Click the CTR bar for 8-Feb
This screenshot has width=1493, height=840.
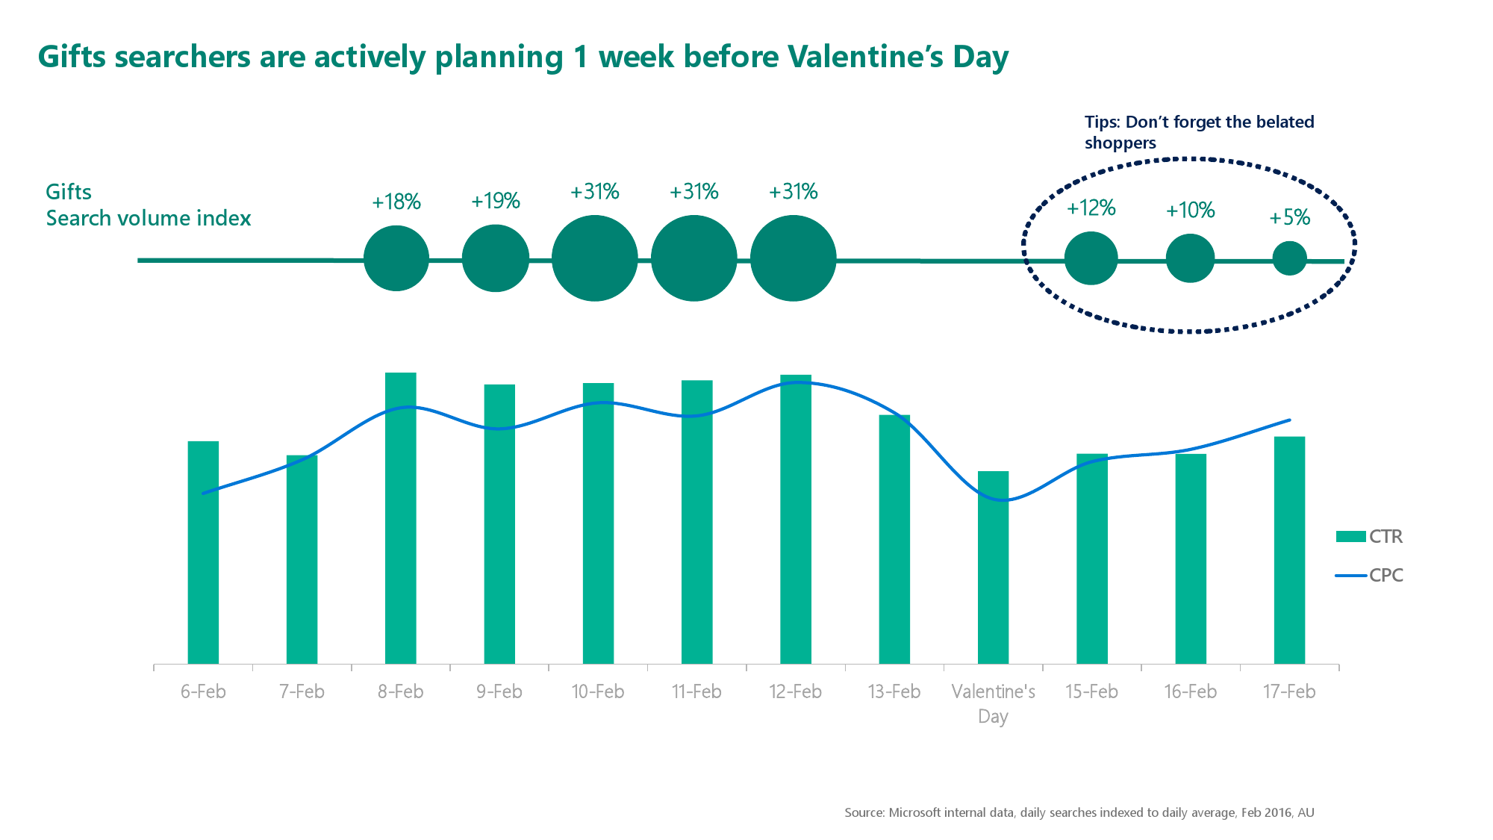[400, 518]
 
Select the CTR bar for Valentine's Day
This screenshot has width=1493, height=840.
[993, 567]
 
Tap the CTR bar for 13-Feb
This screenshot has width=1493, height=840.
[894, 539]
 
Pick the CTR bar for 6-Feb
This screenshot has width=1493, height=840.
[203, 553]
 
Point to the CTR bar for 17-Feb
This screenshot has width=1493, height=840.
[1289, 550]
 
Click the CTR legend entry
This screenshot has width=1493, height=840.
[1369, 536]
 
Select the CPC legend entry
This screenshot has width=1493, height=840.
[1369, 575]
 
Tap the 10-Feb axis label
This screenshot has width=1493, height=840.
[598, 691]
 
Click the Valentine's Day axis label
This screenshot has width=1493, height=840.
[993, 703]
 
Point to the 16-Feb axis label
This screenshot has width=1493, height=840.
[1190, 691]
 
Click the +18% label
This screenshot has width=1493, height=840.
[396, 202]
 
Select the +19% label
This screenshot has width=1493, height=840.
[496, 201]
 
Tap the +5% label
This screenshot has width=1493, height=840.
[1290, 217]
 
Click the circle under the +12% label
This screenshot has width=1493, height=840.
[1091, 258]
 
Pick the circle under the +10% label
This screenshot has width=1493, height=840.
[1191, 258]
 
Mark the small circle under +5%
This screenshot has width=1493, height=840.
[1290, 258]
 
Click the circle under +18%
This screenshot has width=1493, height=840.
[396, 258]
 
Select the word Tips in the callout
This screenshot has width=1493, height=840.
[1102, 122]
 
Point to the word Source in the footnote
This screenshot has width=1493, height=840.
[864, 812]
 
